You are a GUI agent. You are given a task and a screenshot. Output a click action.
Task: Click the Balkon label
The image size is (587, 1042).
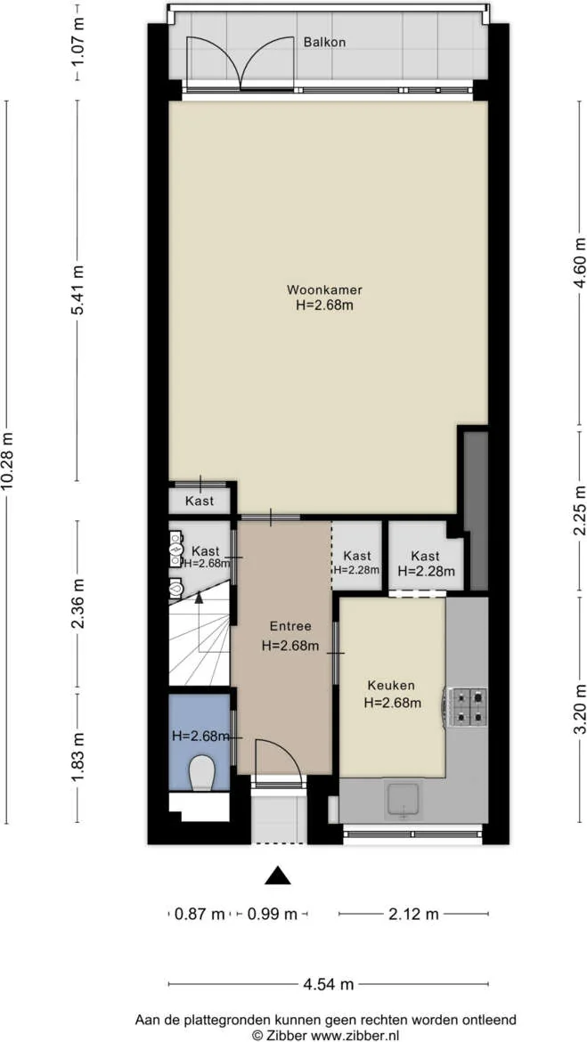pos(324,43)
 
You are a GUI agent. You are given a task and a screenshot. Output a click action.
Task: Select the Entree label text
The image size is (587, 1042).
pos(290,625)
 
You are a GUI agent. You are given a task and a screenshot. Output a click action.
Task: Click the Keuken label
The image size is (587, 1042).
pos(392,685)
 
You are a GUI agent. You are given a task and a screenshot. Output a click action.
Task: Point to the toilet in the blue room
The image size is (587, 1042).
pos(200,774)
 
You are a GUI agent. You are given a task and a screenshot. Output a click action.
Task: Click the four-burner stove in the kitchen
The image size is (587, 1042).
pos(469,706)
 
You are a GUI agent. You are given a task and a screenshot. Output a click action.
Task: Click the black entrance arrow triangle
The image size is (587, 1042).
pos(279,875)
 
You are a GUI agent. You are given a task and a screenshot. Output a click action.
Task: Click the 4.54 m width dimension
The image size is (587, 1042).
pos(329,985)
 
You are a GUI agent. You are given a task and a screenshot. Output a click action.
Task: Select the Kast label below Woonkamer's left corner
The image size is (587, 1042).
pos(200,501)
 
